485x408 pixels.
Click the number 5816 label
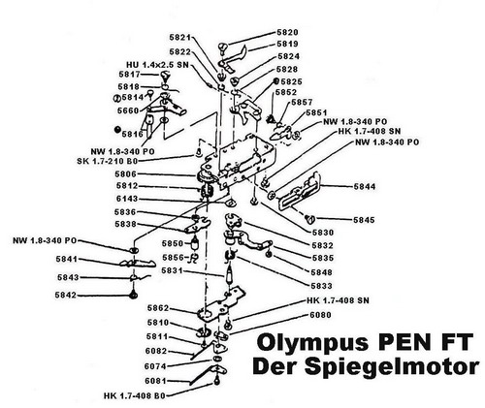pyautogui.click(x=130, y=134)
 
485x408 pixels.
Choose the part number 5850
pyautogui.click(x=173, y=243)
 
